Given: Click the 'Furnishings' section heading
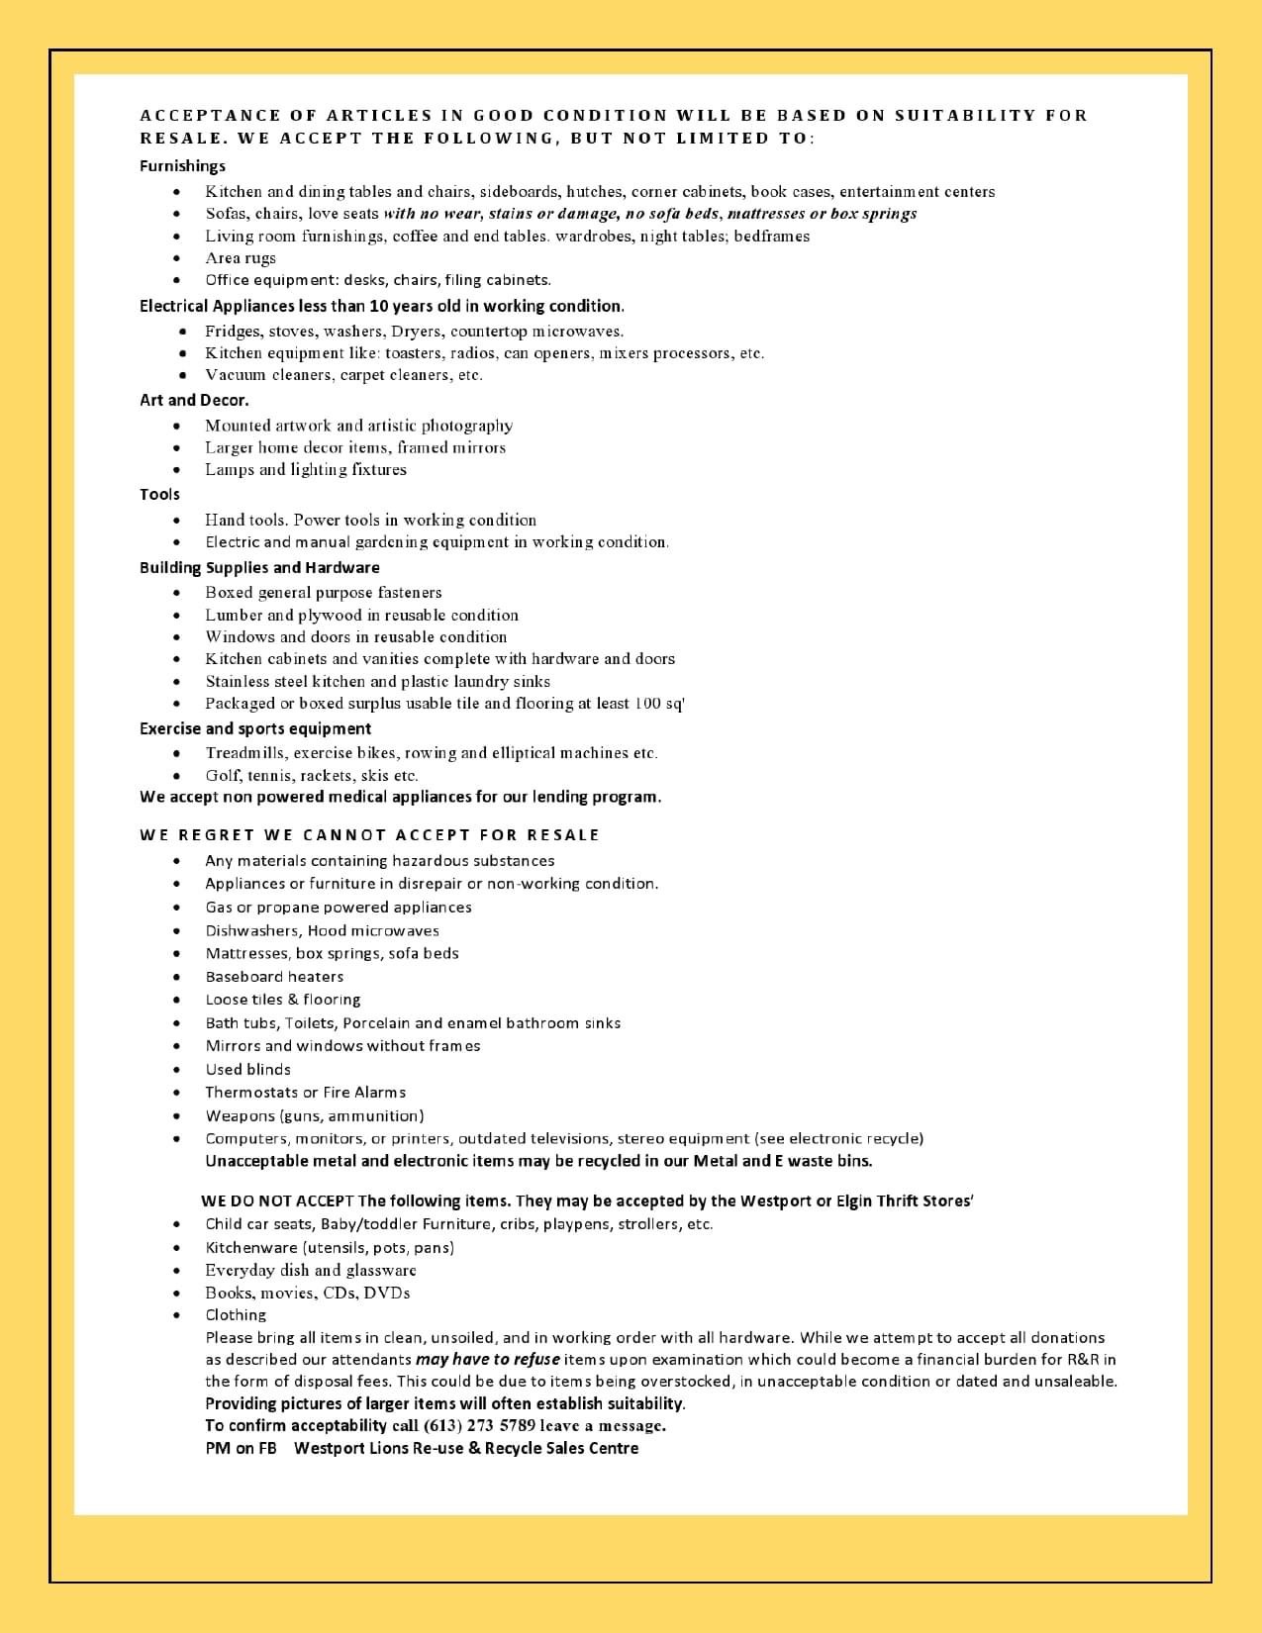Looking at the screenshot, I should point(182,166).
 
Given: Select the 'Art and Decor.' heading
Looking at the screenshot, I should point(194,400).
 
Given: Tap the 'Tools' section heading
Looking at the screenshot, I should point(159,494).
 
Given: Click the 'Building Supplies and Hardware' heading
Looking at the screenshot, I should point(259,567).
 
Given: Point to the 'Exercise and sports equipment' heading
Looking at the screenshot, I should point(255,728).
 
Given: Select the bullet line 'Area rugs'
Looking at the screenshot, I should point(241,257).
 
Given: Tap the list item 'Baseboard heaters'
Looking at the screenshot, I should point(274,976).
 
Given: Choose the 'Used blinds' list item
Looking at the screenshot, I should point(247,1069).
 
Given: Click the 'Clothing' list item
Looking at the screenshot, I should point(236,1314).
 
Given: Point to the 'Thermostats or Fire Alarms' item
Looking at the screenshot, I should point(305,1092).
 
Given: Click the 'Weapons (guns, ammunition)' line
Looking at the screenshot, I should point(314,1115).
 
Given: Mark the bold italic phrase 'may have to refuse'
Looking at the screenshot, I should point(488,1359).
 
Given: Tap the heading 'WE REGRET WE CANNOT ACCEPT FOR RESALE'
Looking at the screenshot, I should point(369,834).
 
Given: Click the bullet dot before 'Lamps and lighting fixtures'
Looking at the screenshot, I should point(176,470).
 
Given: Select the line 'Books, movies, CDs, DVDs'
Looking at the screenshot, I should point(307,1293).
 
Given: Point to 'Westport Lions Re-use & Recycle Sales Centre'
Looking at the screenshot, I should point(466,1448).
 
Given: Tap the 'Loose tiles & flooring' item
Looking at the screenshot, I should point(283,1000).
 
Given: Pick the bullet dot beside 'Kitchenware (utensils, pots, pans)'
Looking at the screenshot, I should point(176,1248).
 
